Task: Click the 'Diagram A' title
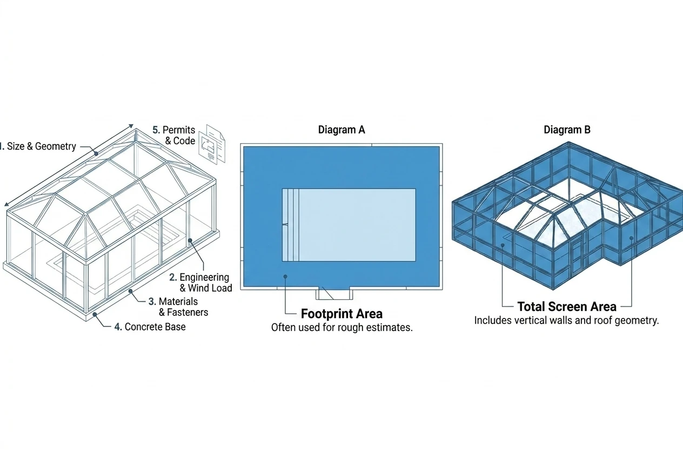pyautogui.click(x=341, y=130)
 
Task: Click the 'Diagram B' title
pyautogui.click(x=567, y=130)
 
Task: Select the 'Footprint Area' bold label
pyautogui.click(x=341, y=314)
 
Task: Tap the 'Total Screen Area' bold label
pyautogui.click(x=567, y=307)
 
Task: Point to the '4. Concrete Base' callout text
pyautogui.click(x=150, y=327)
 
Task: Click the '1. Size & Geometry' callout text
pyautogui.click(x=37, y=146)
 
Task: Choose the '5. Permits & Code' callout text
pyautogui.click(x=174, y=136)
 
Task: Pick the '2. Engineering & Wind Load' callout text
pyautogui.click(x=200, y=282)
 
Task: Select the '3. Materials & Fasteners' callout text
pyautogui.click(x=178, y=307)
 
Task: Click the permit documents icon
pyautogui.click(x=212, y=144)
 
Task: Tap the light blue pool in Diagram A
pyautogui.click(x=349, y=225)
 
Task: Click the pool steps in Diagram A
pyautogui.click(x=290, y=225)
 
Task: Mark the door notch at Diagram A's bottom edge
pyautogui.click(x=334, y=293)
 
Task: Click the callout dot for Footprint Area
pyautogui.click(x=285, y=277)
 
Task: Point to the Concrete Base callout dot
pyautogui.click(x=95, y=314)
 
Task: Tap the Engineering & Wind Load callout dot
pyautogui.click(x=190, y=241)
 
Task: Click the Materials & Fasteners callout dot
pyautogui.click(x=130, y=291)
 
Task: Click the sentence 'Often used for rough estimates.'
pyautogui.click(x=342, y=328)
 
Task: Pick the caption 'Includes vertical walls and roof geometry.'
pyautogui.click(x=566, y=321)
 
